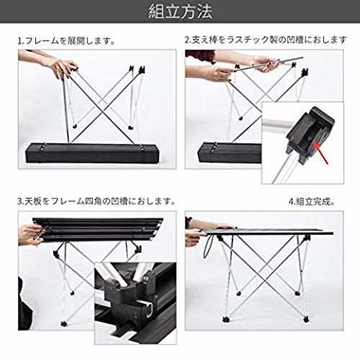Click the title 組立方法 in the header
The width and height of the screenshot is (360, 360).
pos(180,12)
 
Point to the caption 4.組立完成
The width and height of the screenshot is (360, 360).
pos(312,202)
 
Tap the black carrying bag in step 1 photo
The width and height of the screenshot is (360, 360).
pos(92,153)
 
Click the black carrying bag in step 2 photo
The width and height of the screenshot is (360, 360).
pos(230,153)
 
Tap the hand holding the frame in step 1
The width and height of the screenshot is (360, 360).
pos(63,68)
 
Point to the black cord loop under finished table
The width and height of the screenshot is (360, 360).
pos(208,246)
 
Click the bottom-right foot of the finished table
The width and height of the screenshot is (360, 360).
pos(306,320)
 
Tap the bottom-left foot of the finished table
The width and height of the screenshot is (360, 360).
pos(225,320)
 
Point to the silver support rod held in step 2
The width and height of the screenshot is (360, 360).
pos(269,64)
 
